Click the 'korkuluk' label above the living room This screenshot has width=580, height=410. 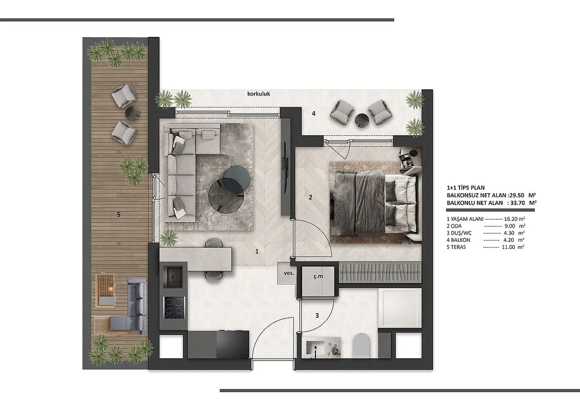click(x=258, y=94)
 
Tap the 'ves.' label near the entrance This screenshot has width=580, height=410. click(x=289, y=273)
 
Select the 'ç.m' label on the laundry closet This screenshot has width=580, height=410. click(x=318, y=276)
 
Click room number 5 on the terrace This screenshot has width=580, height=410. click(x=119, y=214)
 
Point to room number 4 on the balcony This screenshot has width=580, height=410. click(x=314, y=113)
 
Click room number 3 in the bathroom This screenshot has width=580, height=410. click(x=317, y=316)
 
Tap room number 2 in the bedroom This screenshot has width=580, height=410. click(x=310, y=197)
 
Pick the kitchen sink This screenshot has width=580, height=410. click(x=173, y=275)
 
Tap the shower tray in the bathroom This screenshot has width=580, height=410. click(x=400, y=308)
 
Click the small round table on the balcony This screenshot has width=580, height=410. click(x=362, y=119)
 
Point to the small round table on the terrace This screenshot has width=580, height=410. click(x=132, y=112)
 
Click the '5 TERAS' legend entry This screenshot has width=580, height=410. click(x=456, y=247)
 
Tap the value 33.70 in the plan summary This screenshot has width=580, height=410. click(x=515, y=202)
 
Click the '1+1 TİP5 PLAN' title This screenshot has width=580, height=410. click(x=466, y=188)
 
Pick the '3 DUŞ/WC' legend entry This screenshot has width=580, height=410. click(x=459, y=233)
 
